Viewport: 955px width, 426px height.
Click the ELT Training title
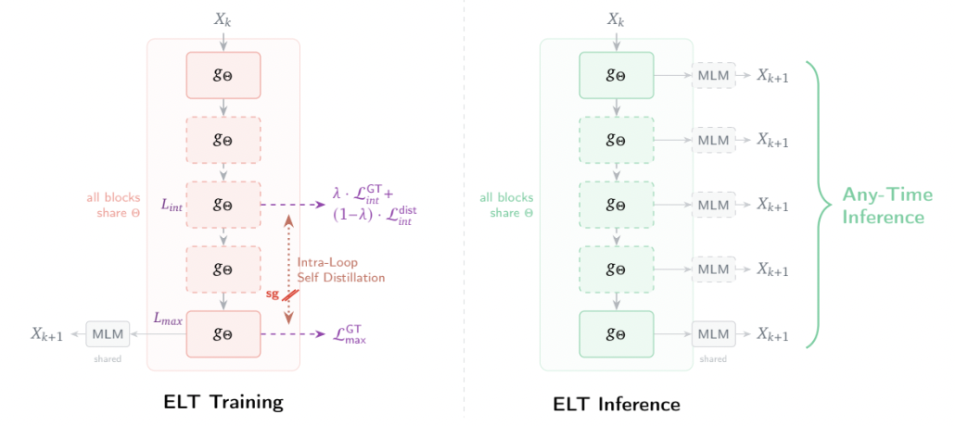point(223,402)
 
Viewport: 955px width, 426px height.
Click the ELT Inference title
point(616,404)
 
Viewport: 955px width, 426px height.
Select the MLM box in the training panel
point(108,333)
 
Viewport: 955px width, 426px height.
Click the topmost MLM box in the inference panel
point(713,76)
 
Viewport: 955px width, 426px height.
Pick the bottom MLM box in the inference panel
point(713,333)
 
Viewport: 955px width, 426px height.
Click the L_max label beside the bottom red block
point(168,319)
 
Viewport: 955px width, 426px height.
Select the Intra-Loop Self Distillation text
point(340,269)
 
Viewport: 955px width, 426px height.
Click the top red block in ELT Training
point(223,76)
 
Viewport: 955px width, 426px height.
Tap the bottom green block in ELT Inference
point(616,333)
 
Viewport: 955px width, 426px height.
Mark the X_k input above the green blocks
point(616,19)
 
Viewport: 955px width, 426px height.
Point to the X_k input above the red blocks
point(223,19)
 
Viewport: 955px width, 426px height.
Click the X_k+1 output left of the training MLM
point(46,334)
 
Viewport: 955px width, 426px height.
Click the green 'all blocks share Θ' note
point(506,205)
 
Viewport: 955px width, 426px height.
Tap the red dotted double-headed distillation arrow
point(289,269)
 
